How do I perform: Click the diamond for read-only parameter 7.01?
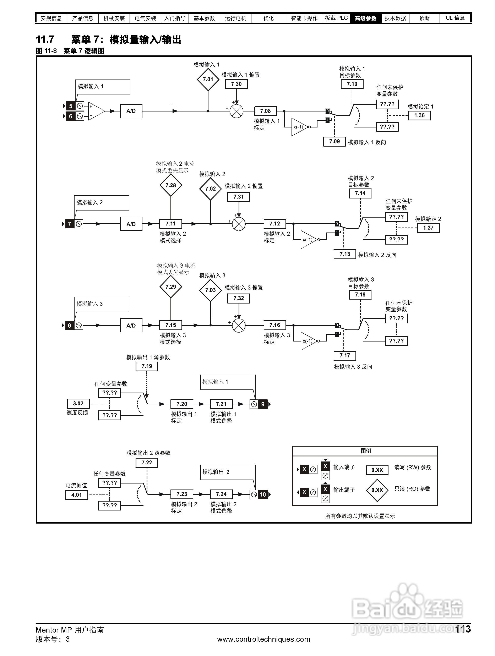[x=208, y=80]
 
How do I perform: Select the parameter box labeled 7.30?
[x=236, y=84]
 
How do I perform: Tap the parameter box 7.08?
[x=265, y=111]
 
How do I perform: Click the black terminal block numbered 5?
[x=71, y=106]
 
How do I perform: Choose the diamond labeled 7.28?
[x=170, y=185]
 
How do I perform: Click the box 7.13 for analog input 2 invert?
[x=345, y=254]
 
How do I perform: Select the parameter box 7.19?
[x=147, y=366]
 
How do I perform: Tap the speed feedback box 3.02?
[x=78, y=403]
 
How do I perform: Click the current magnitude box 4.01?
[x=77, y=495]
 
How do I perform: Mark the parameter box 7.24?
[x=221, y=494]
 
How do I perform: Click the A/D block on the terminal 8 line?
[x=131, y=325]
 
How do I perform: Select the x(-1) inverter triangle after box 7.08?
[x=299, y=127]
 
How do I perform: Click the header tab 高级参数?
[x=365, y=18]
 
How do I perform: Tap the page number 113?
[x=463, y=629]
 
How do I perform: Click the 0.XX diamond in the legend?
[x=377, y=490]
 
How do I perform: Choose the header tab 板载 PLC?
[x=336, y=18]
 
